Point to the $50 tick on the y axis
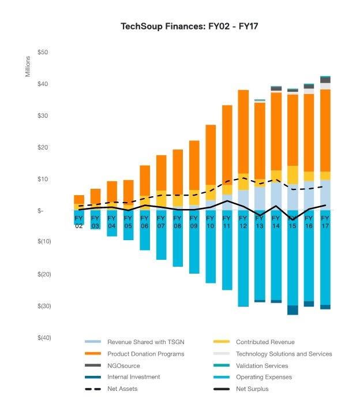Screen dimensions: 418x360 pos(43,53)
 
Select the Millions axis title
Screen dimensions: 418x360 pos(27,68)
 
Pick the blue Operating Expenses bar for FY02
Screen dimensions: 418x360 pos(79,218)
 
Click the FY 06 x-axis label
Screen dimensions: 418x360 pos(144,222)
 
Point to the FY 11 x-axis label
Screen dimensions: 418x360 pos(227,222)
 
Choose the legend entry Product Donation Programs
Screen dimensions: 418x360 pos(145,354)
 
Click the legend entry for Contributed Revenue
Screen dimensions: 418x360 pos(264,342)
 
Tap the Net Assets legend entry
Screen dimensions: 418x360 pos(122,389)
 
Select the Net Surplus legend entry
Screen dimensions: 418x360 pos(252,389)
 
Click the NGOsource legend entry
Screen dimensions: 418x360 pos(123,365)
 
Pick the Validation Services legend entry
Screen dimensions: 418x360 pos(262,365)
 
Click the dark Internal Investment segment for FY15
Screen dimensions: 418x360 pos(292,310)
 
